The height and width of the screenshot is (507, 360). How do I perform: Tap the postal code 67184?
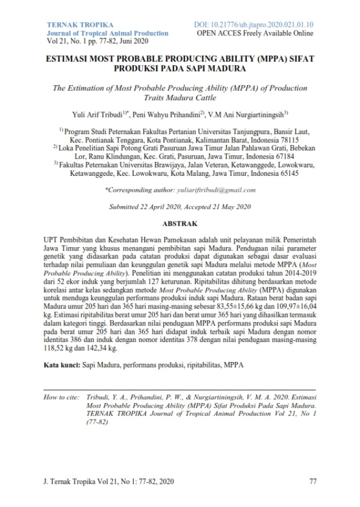[282, 156]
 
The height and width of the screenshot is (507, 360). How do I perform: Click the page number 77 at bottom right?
[312, 481]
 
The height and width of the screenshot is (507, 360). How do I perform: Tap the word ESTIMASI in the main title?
[73, 59]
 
